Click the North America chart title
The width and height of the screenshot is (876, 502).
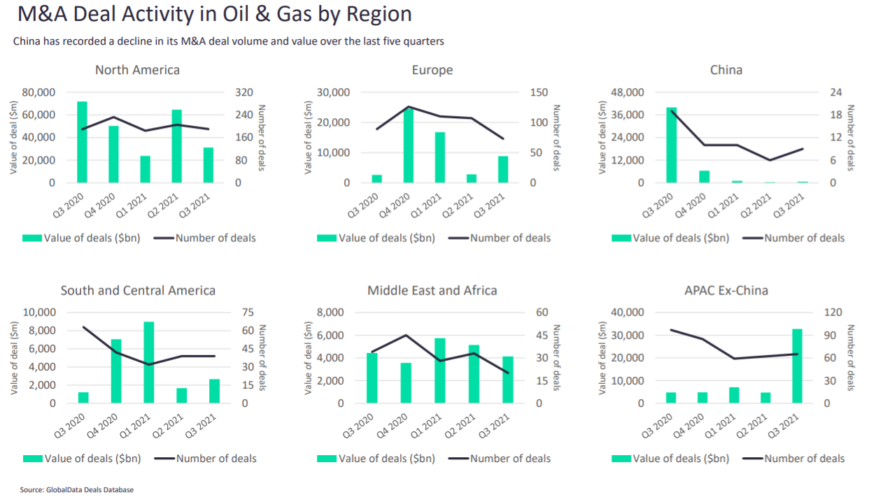(x=137, y=70)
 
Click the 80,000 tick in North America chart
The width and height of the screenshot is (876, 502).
(x=39, y=92)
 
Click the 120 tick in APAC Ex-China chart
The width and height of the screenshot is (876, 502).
(x=833, y=313)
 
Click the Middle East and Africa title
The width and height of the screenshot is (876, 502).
(x=432, y=290)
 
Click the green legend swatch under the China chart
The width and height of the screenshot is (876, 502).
(x=621, y=238)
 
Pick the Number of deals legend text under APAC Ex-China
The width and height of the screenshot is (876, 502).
(x=804, y=459)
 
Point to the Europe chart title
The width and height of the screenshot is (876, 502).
(x=432, y=70)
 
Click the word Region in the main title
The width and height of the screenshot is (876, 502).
(x=381, y=14)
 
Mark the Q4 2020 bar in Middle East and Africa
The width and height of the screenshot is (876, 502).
(x=406, y=383)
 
